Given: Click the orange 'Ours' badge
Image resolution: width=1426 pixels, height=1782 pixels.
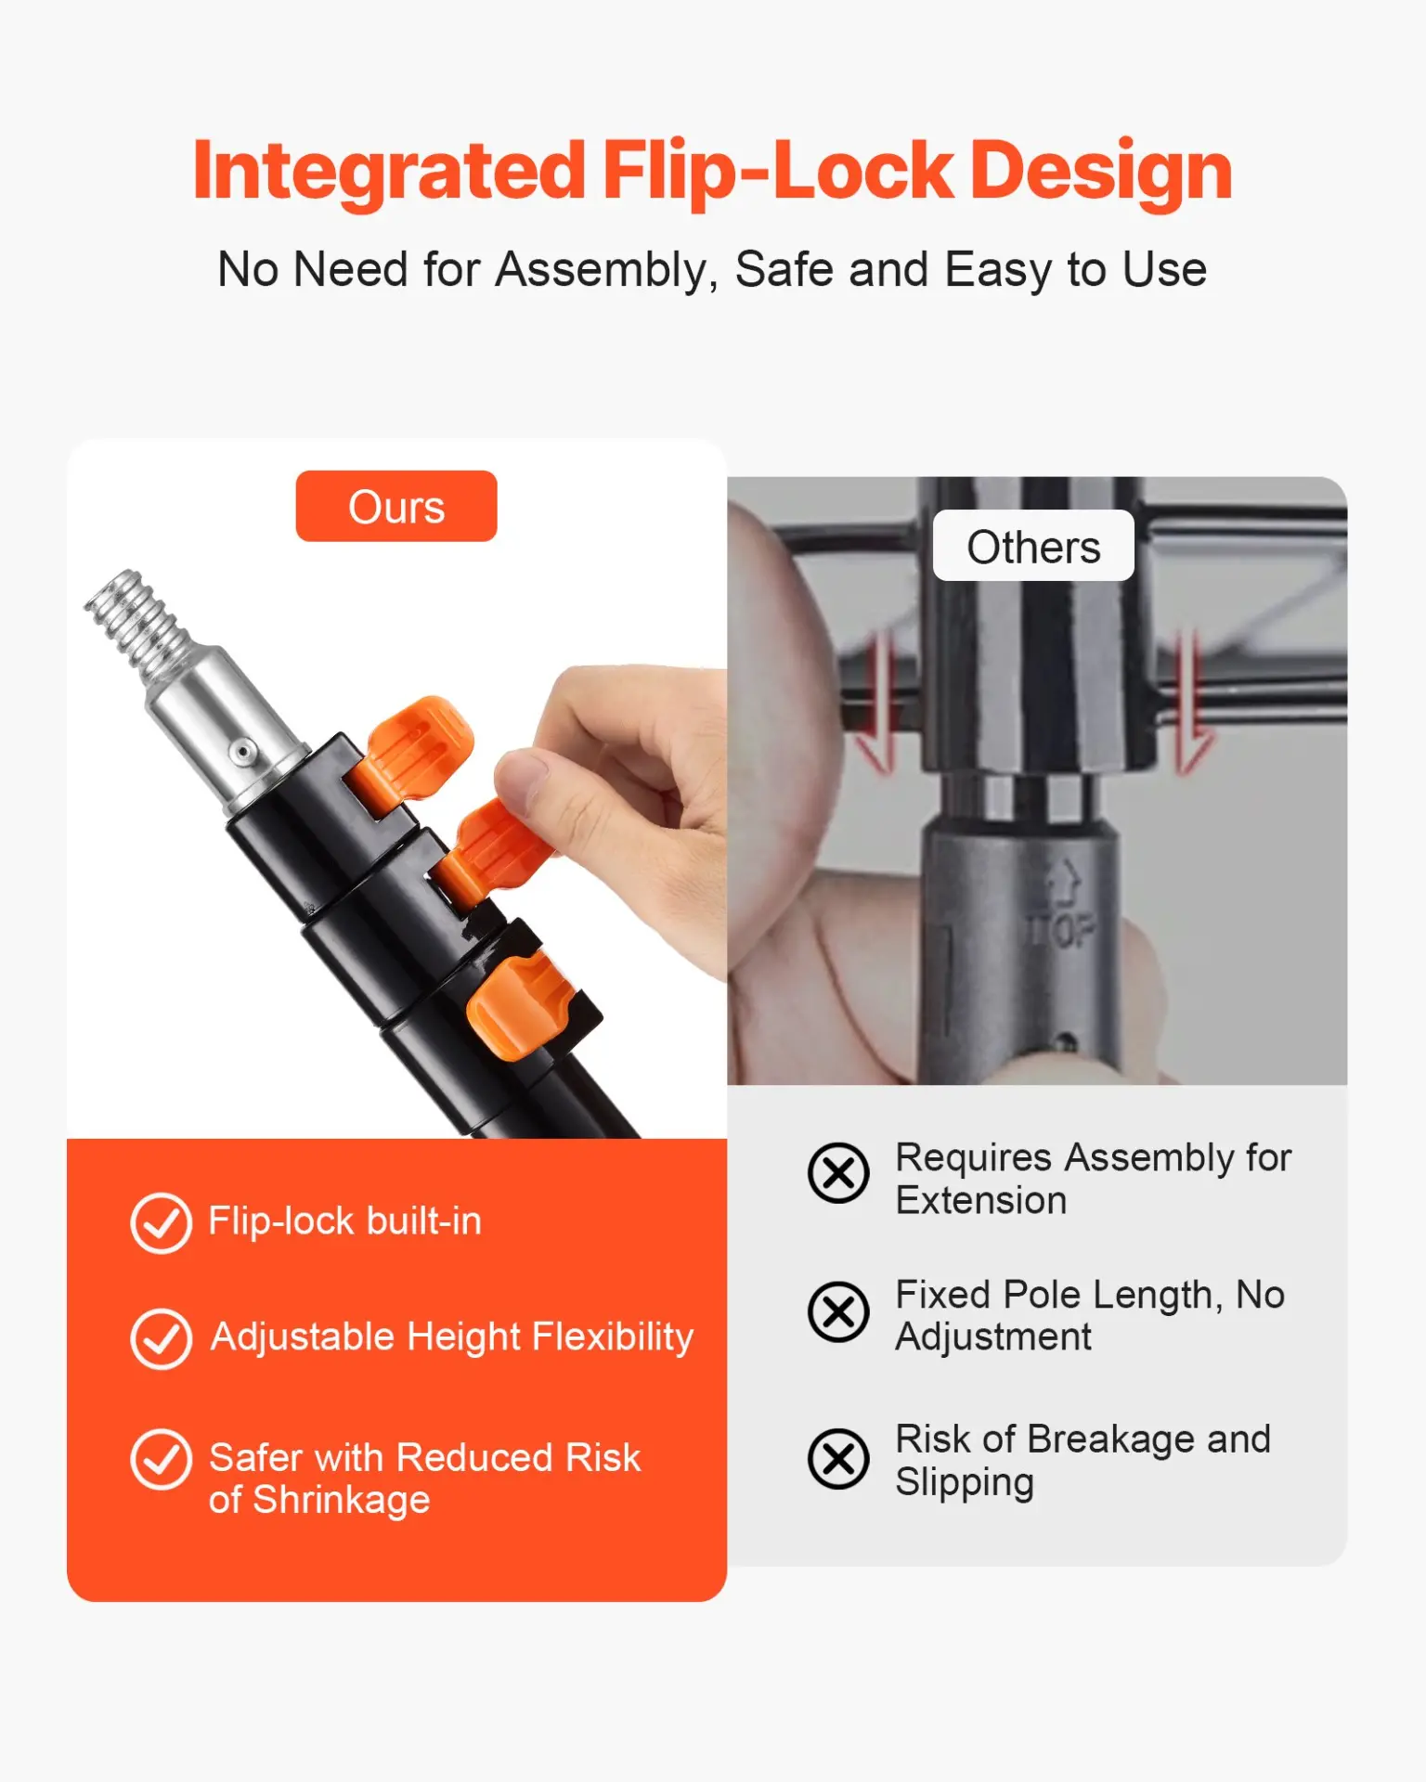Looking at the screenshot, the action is click(396, 506).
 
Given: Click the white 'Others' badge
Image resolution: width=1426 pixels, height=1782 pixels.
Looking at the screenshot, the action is click(1033, 546).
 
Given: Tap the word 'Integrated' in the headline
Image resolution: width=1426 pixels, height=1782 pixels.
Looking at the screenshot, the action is click(389, 171).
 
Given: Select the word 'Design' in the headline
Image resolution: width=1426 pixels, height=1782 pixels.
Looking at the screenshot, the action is click(1101, 171).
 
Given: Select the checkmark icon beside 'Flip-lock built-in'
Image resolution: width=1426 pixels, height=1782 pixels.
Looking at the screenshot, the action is click(161, 1223).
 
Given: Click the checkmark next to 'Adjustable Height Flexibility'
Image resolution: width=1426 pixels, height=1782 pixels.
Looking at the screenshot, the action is click(161, 1339).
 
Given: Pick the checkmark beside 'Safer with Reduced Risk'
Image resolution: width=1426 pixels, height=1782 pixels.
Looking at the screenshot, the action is click(161, 1459).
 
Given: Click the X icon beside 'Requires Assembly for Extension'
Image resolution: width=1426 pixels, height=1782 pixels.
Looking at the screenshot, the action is click(838, 1172).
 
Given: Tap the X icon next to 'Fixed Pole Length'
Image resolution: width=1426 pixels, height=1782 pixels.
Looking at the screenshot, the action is click(838, 1312).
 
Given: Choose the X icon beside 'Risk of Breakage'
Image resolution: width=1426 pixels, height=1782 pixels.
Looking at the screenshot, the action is click(838, 1459).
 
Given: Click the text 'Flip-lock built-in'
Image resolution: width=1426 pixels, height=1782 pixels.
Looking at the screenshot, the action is click(345, 1221).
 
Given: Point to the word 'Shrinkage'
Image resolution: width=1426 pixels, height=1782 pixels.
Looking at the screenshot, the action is click(342, 1501).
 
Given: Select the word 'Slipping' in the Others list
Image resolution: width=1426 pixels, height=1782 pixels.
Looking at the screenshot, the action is click(965, 1483).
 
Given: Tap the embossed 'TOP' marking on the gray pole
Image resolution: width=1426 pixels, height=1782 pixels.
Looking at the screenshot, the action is click(1061, 929).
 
